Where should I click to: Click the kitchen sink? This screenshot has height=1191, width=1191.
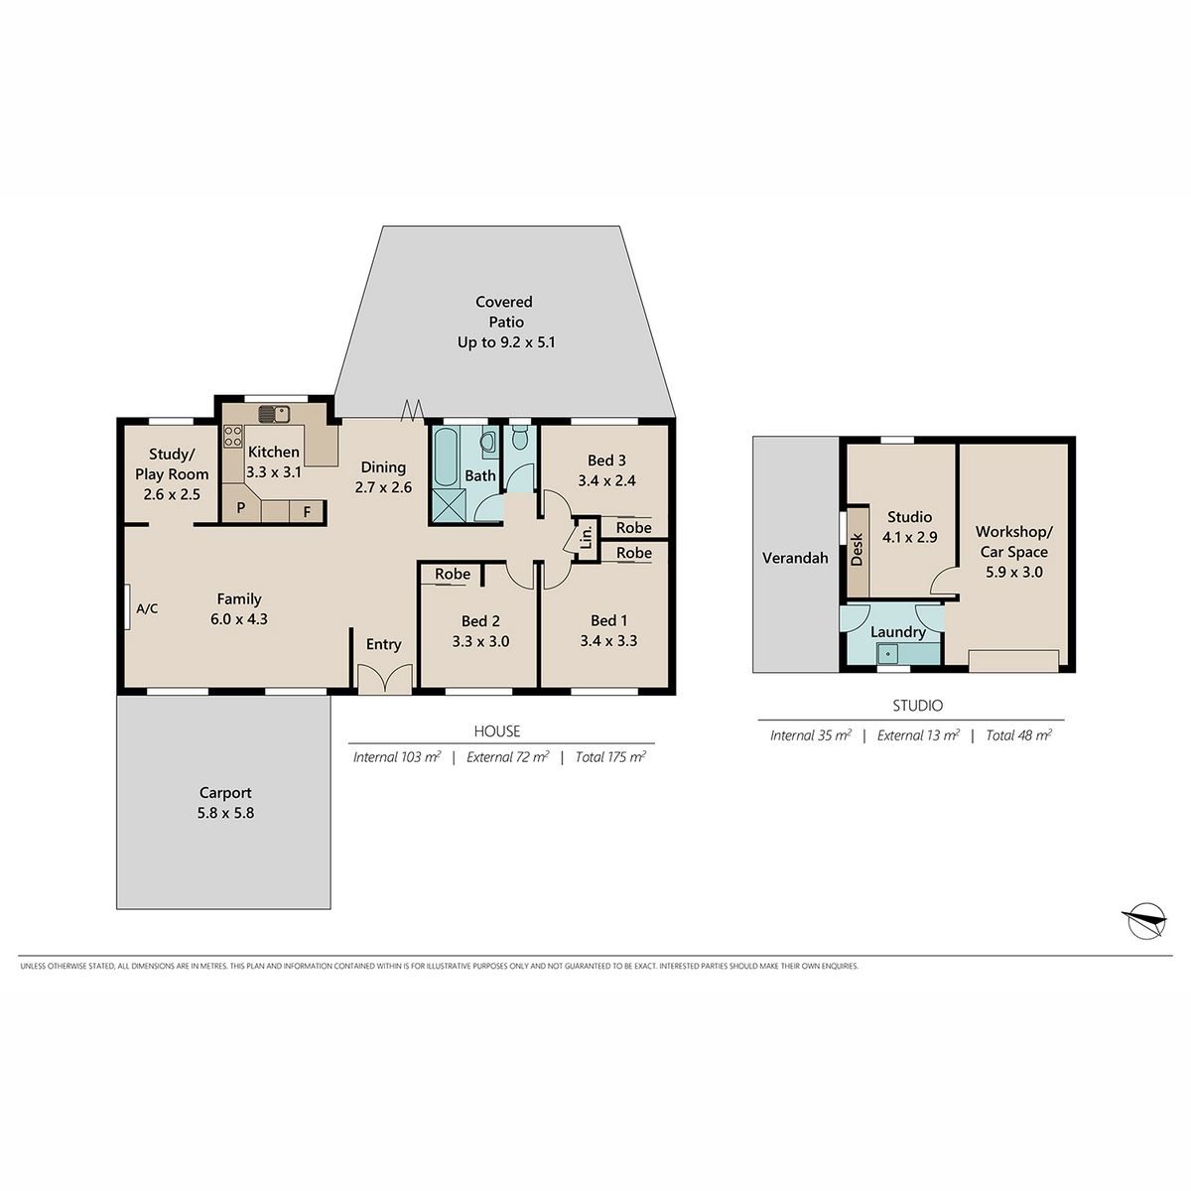pyautogui.click(x=274, y=414)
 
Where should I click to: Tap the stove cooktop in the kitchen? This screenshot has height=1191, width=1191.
pyautogui.click(x=233, y=436)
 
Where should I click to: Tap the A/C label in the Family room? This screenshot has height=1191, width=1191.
pyautogui.click(x=147, y=608)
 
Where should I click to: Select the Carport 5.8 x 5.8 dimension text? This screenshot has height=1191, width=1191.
pyautogui.click(x=225, y=813)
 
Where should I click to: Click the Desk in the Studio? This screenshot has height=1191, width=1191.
pyautogui.click(x=858, y=551)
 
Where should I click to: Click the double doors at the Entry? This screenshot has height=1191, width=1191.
pyautogui.click(x=385, y=679)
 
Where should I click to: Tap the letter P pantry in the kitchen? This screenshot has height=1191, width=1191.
pyautogui.click(x=241, y=508)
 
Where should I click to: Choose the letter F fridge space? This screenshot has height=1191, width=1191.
pyautogui.click(x=307, y=512)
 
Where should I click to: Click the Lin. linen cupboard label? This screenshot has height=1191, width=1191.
pyautogui.click(x=588, y=537)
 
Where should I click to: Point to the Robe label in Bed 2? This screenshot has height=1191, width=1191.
pyautogui.click(x=453, y=574)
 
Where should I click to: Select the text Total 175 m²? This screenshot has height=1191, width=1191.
pyautogui.click(x=610, y=756)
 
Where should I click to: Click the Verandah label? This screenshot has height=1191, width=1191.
pyautogui.click(x=795, y=558)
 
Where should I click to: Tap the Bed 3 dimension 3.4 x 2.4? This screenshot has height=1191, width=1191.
pyautogui.click(x=607, y=480)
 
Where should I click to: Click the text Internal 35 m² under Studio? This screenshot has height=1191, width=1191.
pyautogui.click(x=810, y=734)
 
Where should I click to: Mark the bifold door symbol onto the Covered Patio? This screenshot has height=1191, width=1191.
pyautogui.click(x=412, y=410)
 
